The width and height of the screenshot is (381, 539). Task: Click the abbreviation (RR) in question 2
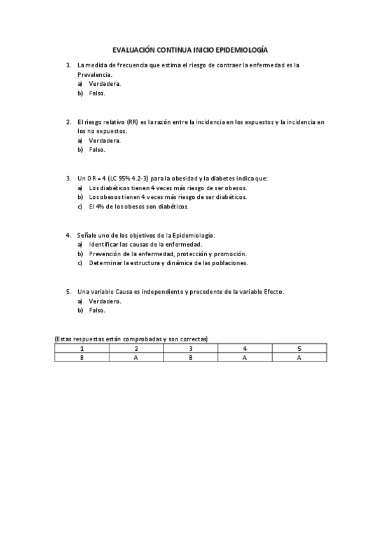coord(132,121)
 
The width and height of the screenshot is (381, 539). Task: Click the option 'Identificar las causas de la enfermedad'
coord(145,244)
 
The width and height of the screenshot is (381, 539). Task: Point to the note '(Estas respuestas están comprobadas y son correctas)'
coord(132,339)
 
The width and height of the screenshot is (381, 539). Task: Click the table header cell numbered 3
coord(191,348)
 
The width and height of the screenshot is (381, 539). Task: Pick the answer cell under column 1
coord(81,357)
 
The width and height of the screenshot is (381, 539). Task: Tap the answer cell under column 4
coord(245,357)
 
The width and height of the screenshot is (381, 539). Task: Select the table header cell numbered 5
coord(300,348)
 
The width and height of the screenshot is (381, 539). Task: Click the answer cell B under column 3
coord(191,357)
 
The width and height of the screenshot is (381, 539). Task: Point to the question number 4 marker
coord(69,235)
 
